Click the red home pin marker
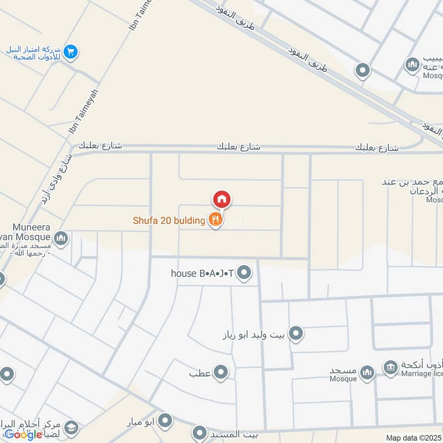coord(221,199)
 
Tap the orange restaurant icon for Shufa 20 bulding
coord(215,220)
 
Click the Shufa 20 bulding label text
coord(169,220)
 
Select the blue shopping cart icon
coord(70,53)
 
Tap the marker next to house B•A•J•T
coord(244,272)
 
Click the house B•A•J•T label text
coord(202,273)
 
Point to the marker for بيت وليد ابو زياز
coord(296,333)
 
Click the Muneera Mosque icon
coord(61,239)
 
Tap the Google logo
coord(23,435)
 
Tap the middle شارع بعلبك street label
coord(239,147)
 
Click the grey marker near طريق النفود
coord(362,70)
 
